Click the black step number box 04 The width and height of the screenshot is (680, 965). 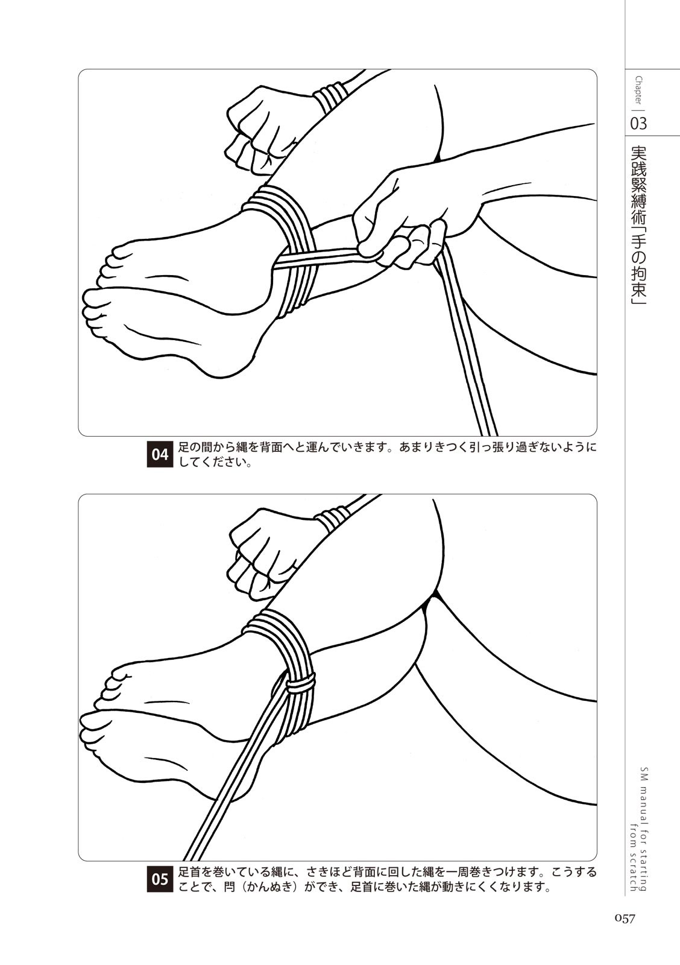pos(160,454)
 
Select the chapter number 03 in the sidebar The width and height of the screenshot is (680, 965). pos(638,124)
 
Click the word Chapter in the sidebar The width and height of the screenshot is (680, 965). pos(638,91)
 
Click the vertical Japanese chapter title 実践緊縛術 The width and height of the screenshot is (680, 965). pos(638,183)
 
